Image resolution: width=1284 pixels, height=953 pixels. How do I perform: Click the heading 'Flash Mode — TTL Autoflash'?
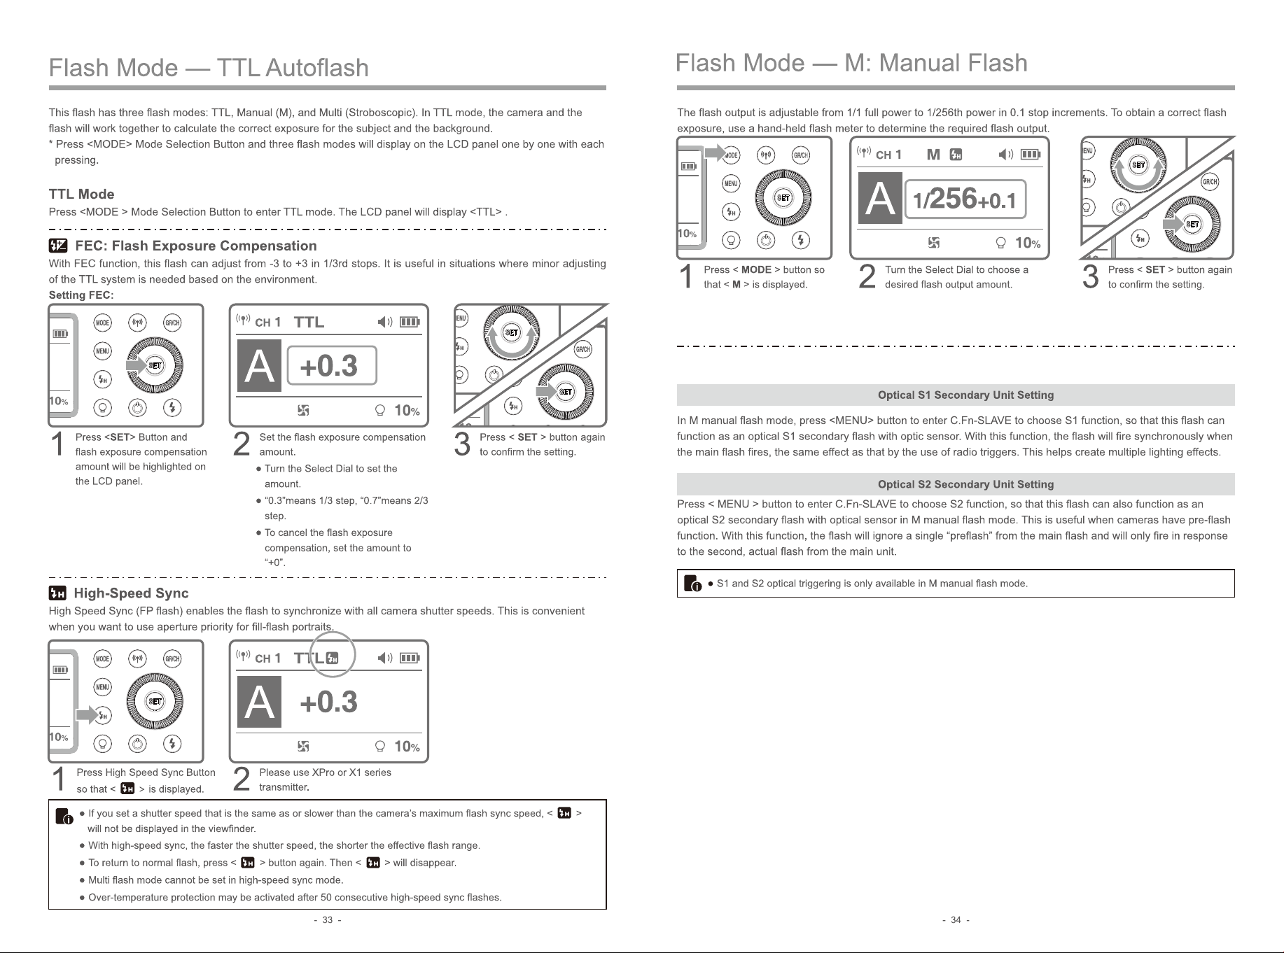(x=209, y=68)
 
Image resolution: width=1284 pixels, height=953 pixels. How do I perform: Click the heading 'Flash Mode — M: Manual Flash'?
(x=851, y=63)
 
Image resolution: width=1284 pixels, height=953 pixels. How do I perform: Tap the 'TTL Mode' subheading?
(x=81, y=194)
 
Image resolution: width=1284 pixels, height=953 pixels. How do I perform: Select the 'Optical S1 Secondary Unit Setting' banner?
(x=965, y=395)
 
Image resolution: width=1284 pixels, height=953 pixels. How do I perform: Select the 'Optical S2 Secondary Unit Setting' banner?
(x=965, y=484)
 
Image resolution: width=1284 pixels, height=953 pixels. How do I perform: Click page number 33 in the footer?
(x=327, y=920)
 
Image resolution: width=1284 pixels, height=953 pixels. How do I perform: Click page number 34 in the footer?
(x=956, y=920)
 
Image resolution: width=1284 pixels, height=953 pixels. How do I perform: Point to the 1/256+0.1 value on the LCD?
(x=965, y=199)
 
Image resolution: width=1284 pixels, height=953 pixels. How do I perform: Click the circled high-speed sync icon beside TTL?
(x=333, y=658)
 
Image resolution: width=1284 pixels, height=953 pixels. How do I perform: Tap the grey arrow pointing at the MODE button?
(x=716, y=153)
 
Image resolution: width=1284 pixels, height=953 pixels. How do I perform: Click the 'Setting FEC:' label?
(x=81, y=295)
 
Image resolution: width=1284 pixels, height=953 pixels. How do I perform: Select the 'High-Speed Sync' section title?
(x=131, y=593)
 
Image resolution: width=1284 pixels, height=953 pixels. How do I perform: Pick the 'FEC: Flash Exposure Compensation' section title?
(x=195, y=246)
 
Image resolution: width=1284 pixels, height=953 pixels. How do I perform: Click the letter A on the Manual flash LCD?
(x=881, y=199)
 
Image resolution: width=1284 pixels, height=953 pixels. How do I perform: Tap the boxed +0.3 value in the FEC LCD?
(x=331, y=365)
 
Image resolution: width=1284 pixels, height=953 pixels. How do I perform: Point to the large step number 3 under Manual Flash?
(x=1090, y=276)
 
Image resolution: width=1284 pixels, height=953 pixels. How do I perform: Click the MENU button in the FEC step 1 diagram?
(x=103, y=351)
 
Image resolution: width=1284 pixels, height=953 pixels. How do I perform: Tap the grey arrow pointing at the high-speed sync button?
(x=88, y=715)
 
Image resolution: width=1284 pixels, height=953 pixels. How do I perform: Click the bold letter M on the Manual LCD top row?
(x=933, y=155)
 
